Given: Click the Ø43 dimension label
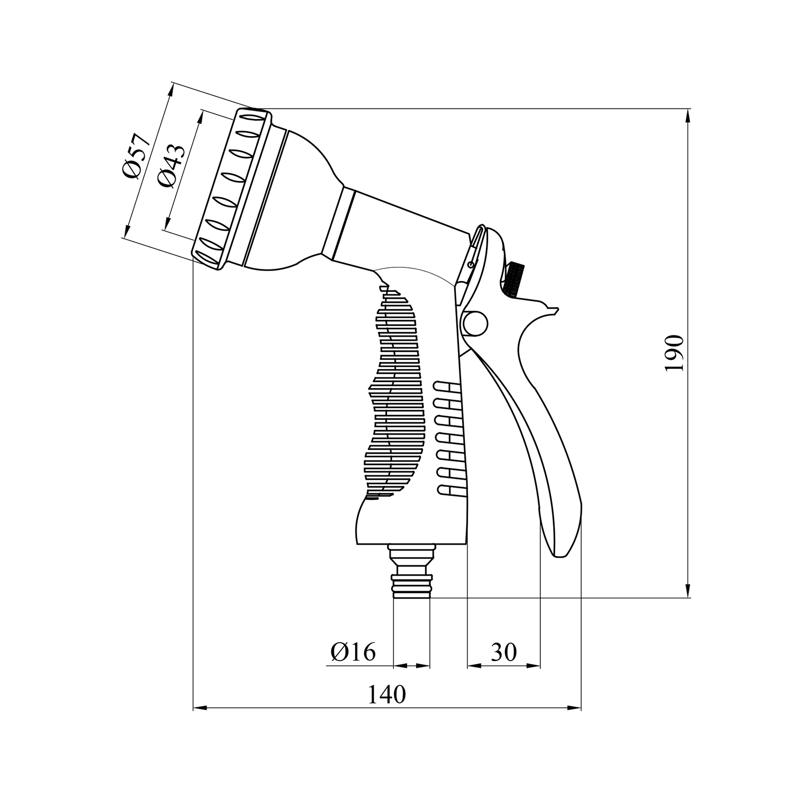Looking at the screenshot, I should [x=173, y=166].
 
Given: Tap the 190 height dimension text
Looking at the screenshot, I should [x=675, y=353].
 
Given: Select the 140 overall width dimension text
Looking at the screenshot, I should [x=387, y=694].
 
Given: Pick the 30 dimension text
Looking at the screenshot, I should [x=503, y=652].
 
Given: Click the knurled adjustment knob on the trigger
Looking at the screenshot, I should [x=513, y=278].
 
